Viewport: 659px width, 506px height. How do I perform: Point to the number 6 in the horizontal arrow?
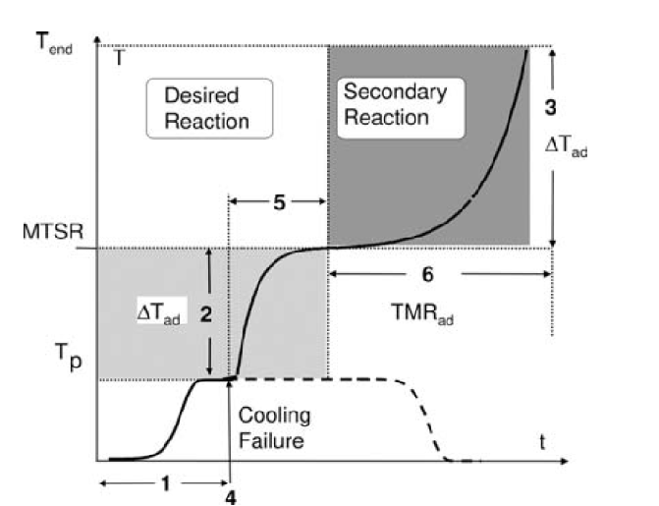pyautogui.click(x=437, y=276)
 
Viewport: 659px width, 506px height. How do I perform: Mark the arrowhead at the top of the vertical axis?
pyautogui.click(x=96, y=41)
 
